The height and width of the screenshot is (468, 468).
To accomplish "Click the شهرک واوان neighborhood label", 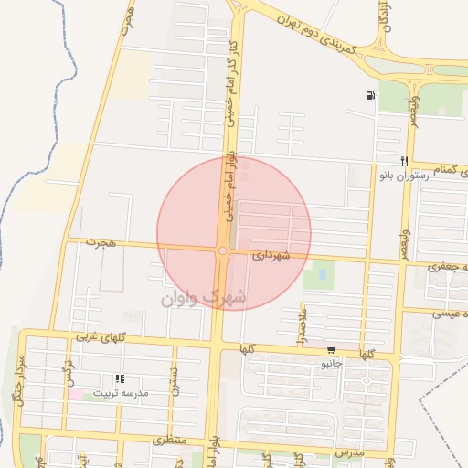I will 203,298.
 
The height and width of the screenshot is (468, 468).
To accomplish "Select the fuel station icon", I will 369,95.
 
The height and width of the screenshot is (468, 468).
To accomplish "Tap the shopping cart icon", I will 330,349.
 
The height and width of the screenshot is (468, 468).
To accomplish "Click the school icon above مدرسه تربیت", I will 118,378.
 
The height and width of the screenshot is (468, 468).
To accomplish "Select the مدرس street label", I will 348,452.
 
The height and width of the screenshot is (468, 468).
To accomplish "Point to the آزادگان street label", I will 382,18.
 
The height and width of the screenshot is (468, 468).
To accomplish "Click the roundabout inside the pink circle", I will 222,250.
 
